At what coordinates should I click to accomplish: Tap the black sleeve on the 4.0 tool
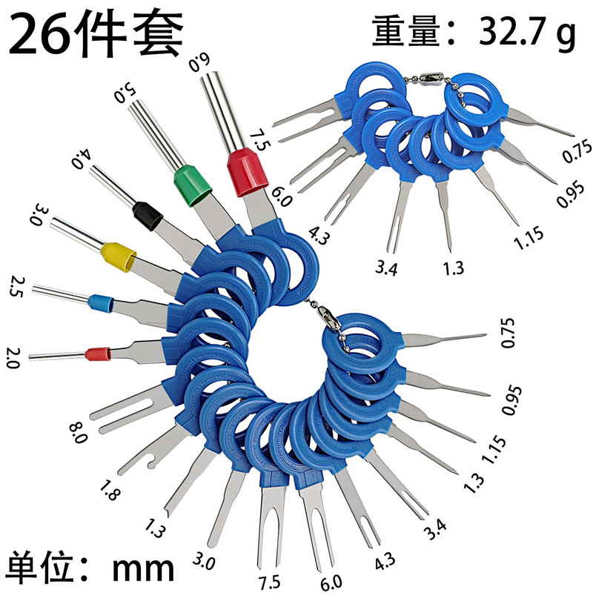(147, 215)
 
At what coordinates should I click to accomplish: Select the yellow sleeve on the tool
(119, 253)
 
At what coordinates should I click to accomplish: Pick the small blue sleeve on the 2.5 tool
(99, 302)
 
